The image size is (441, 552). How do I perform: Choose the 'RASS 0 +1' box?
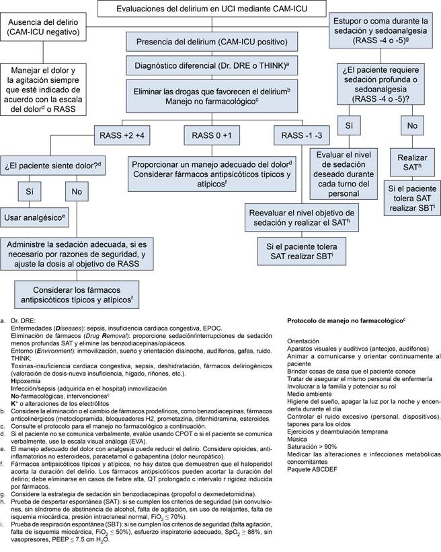click(x=212, y=135)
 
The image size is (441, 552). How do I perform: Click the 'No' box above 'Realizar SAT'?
click(x=412, y=125)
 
